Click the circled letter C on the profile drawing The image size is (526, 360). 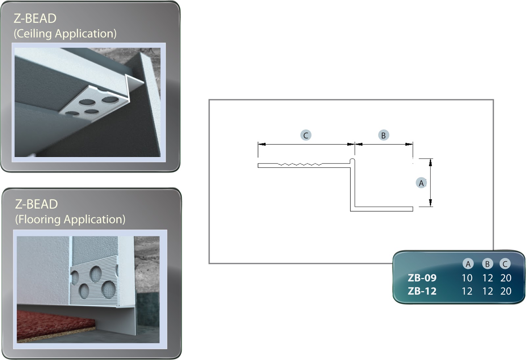point(306,135)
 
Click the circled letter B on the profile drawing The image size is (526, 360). point(383,135)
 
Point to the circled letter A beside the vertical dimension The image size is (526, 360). point(421,183)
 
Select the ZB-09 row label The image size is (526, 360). point(422,278)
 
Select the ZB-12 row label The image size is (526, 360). point(422,291)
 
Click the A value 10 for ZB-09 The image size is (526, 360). point(467,278)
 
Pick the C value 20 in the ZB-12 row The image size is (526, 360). point(506,291)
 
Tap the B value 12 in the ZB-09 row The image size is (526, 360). point(488,278)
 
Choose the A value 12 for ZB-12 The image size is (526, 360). point(467,291)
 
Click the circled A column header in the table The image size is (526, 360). point(468,264)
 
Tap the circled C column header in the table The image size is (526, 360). point(505,264)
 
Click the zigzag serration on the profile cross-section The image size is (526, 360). point(300,164)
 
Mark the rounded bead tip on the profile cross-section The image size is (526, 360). point(352,161)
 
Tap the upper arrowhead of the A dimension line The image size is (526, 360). point(430,163)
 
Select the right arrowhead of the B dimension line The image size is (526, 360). point(409,144)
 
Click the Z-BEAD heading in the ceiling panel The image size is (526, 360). point(35,18)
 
